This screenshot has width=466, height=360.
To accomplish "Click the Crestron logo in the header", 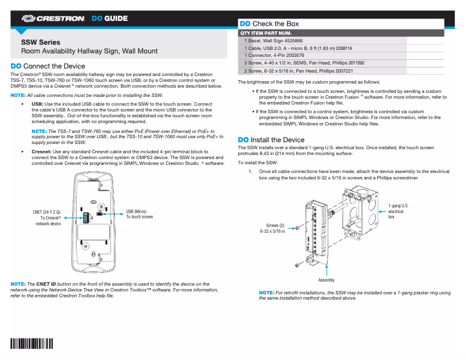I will point(57,19).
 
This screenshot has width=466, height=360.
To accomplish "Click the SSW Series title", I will point(40,42).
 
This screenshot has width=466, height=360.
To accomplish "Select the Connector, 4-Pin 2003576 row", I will point(274,56).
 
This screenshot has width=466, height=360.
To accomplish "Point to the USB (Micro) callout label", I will point(140,214).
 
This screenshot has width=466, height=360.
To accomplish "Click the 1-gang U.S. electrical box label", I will point(398,211).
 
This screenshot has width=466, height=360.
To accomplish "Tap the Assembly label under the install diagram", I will point(326,280).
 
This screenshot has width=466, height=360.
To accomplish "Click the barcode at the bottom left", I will point(32,343).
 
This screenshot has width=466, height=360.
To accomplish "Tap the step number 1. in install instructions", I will point(250,172).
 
